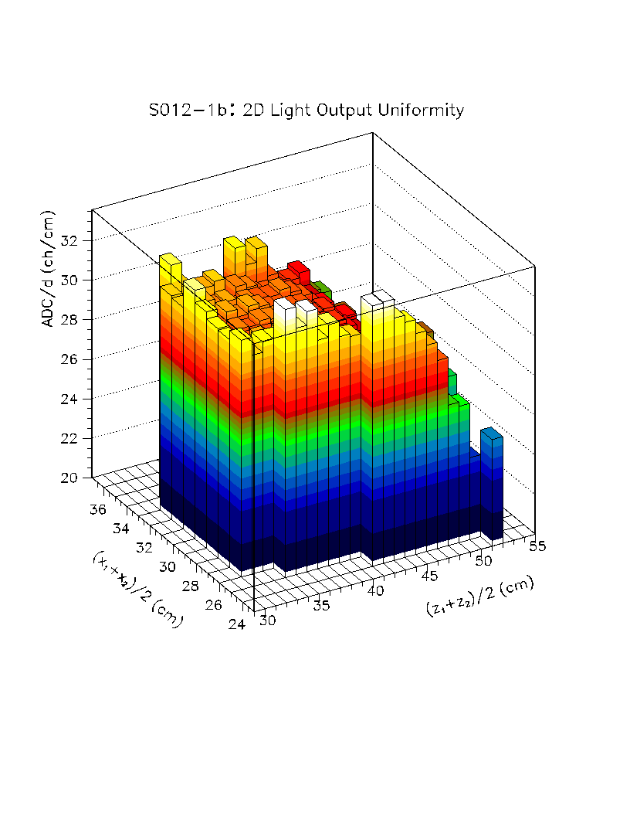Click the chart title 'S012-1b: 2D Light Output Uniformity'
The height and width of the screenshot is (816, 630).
(307, 110)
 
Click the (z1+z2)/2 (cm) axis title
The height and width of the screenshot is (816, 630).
(479, 597)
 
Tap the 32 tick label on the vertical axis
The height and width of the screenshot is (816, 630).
(70, 240)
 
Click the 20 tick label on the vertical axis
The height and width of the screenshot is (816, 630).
(70, 478)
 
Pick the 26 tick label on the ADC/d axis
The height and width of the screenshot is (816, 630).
(70, 359)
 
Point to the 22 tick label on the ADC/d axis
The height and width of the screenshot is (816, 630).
(70, 438)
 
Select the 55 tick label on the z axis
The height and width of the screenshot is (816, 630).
(537, 546)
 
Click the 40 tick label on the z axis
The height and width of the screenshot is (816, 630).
(376, 591)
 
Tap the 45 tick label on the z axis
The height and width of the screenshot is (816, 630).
(431, 576)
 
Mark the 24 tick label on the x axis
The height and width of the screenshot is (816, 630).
(238, 624)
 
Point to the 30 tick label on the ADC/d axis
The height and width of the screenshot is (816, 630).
(70, 280)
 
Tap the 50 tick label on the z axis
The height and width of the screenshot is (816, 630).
(484, 560)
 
